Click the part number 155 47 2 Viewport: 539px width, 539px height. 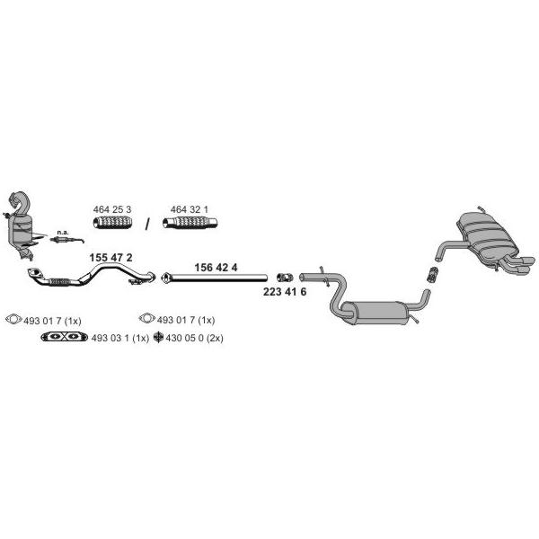click(110, 258)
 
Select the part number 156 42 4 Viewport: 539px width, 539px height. click(216, 268)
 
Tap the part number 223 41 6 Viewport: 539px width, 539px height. click(285, 292)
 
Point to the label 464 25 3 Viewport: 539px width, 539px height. click(112, 209)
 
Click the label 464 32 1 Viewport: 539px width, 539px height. click(189, 209)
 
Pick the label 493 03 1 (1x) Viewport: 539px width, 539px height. click(120, 338)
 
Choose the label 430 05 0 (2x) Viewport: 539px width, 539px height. click(194, 338)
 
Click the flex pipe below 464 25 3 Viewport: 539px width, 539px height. click(113, 223)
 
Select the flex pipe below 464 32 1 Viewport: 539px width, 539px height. click(190, 223)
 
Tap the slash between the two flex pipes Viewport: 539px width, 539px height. click(147, 224)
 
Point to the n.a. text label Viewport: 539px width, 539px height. click(63, 233)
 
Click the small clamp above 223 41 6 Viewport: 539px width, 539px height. click(285, 277)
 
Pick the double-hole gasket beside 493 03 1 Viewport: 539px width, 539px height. click(65, 337)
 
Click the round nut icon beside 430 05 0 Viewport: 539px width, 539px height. click(158, 337)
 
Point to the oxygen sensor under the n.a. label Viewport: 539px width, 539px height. click(67, 239)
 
